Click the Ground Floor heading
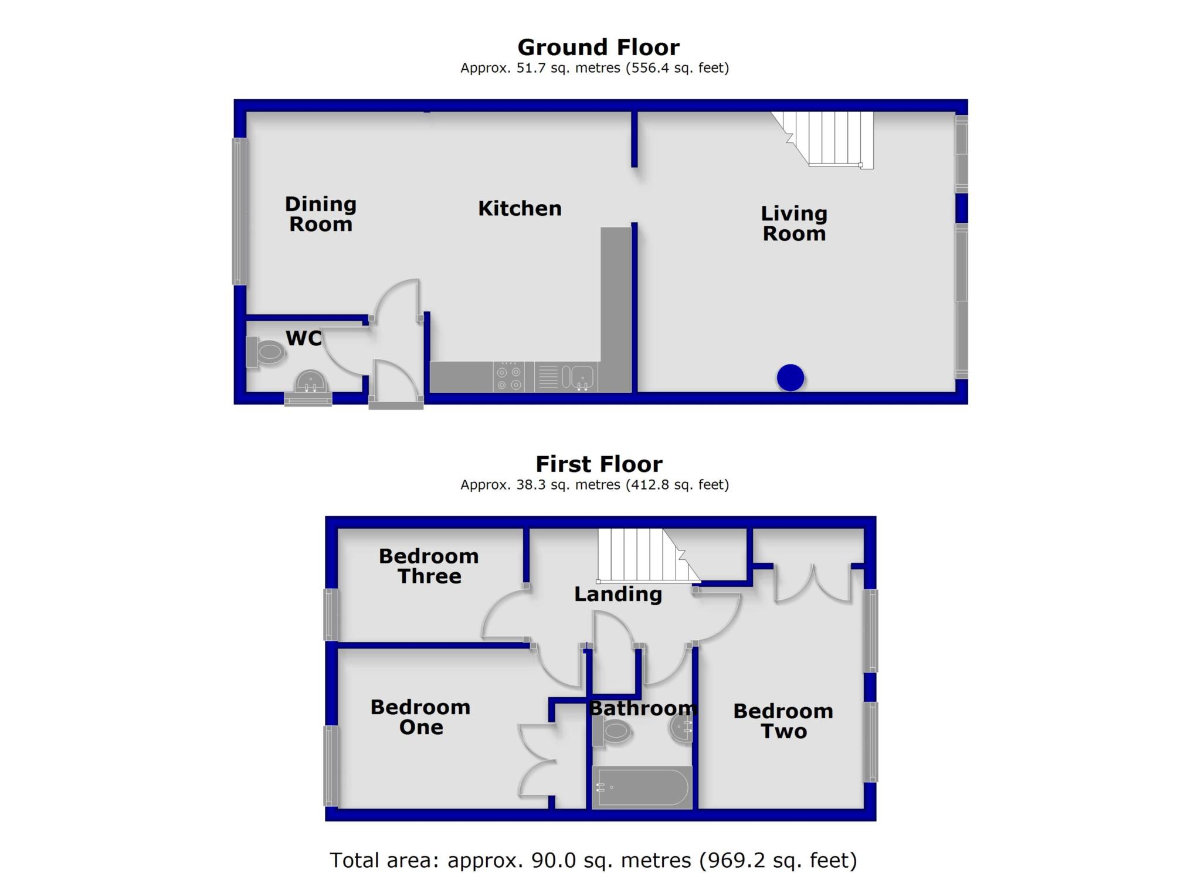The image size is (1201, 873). point(598,47)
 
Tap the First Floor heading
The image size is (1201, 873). point(599,464)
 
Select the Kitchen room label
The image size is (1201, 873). point(520,208)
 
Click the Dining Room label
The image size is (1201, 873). point(321,214)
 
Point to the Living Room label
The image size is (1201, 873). point(794,223)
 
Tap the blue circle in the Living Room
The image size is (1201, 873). point(790,378)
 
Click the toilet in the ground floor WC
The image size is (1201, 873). point(267,352)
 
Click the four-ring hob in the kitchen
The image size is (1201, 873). point(508,377)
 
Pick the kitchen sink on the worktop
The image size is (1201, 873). point(578,377)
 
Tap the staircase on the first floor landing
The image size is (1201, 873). point(645,555)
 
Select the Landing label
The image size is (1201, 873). point(618,595)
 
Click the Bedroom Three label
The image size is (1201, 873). point(429,566)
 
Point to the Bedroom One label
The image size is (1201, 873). point(420,717)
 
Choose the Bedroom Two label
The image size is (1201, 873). point(783,721)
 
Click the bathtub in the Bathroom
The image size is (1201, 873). point(642,787)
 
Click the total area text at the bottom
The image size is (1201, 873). point(593,860)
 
